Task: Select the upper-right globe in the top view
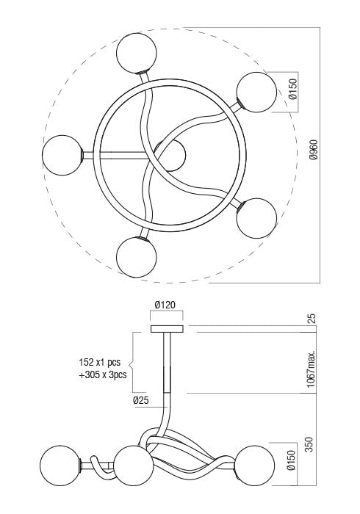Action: click(x=256, y=93)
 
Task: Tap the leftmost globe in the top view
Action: click(x=62, y=156)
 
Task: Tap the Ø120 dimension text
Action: click(x=165, y=305)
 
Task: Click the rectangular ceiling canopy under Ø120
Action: click(x=167, y=328)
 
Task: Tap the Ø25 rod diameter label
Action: click(x=142, y=400)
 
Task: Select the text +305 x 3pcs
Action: click(x=103, y=374)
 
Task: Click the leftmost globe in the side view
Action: click(x=60, y=464)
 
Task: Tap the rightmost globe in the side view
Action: click(x=256, y=464)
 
